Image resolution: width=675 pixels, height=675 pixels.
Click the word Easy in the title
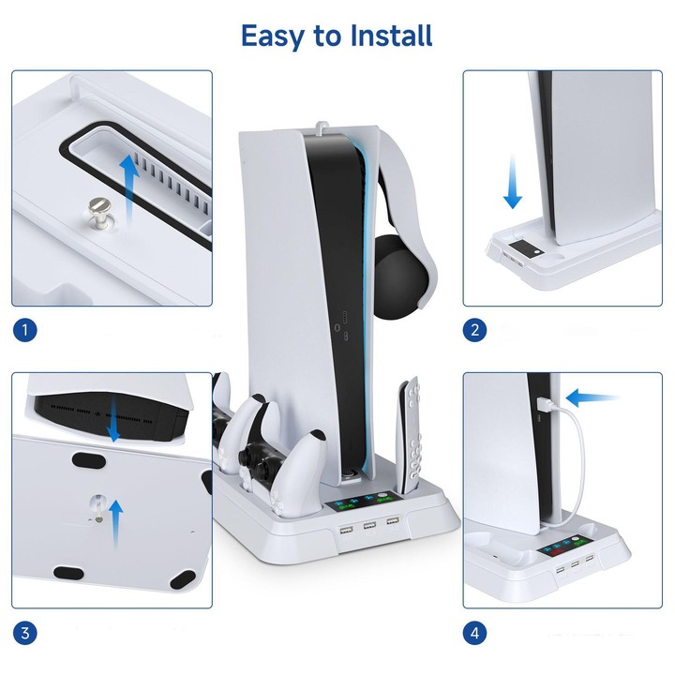tap(272, 37)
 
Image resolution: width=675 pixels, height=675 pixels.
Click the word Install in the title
tap(391, 36)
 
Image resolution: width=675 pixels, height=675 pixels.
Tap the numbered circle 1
tap(24, 330)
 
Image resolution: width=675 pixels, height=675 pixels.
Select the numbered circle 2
tap(474, 330)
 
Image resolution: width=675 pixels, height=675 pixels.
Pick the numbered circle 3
tap(24, 633)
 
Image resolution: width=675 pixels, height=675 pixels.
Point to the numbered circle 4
tap(474, 633)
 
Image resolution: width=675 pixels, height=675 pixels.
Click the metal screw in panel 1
tap(99, 211)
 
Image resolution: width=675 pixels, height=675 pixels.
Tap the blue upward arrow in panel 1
tap(128, 189)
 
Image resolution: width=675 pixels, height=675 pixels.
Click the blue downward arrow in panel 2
tap(512, 183)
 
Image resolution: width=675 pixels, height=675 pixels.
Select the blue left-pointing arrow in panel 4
tap(592, 398)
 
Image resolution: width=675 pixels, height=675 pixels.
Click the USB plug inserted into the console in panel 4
tap(543, 405)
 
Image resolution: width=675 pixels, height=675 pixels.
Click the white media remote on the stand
tap(410, 435)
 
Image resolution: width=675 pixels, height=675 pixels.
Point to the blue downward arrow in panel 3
tap(113, 419)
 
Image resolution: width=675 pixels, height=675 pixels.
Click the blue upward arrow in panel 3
tap(116, 524)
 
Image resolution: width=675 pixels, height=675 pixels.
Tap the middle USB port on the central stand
tap(369, 525)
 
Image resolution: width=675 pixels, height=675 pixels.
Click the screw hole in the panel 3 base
tap(98, 502)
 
